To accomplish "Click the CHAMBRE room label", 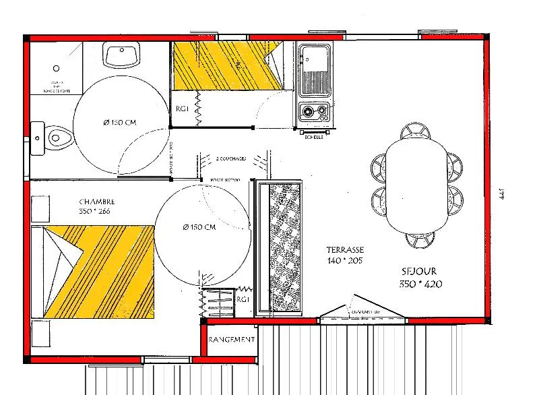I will [97, 202].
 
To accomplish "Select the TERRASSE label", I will [345, 249].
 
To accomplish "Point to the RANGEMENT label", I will [232, 340].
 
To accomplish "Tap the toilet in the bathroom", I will [54, 138].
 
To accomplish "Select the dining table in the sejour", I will [418, 184].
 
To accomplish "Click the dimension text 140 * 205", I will [345, 260].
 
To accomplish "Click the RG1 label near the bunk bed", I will [182, 109].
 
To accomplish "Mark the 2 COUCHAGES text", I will [231, 159].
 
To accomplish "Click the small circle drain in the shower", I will [57, 69].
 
